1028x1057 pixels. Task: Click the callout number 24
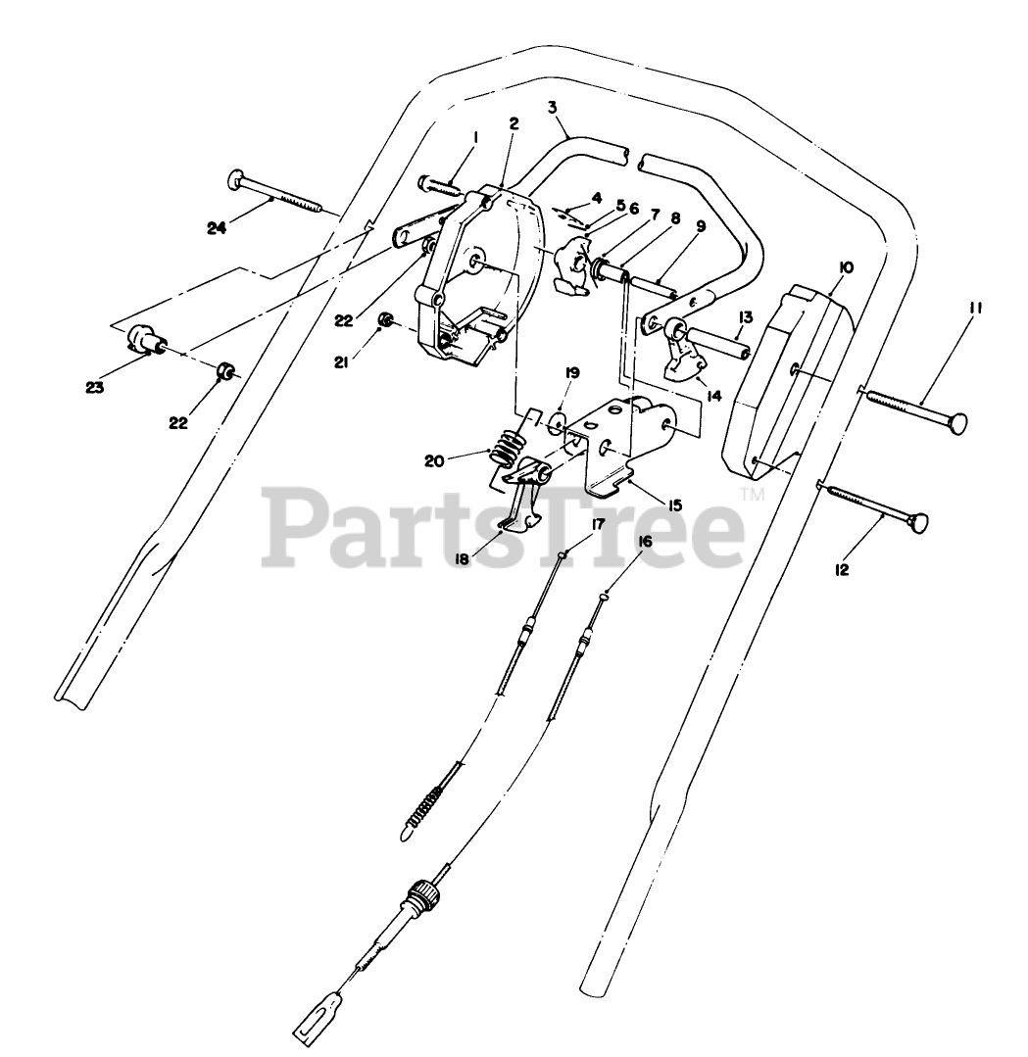(x=217, y=228)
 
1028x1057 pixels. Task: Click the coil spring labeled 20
(x=509, y=453)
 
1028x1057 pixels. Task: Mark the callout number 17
(x=598, y=524)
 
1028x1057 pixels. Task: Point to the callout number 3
(x=553, y=105)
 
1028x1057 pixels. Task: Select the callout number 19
(x=571, y=373)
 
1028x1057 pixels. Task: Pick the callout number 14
(x=712, y=397)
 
